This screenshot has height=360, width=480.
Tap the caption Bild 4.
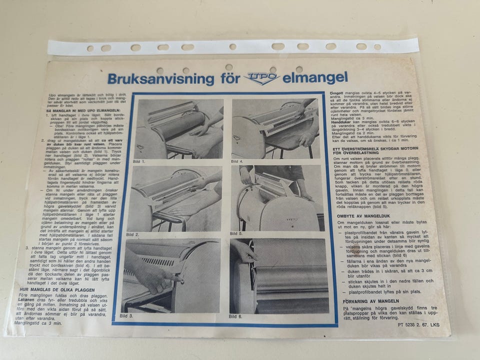pos(238,161)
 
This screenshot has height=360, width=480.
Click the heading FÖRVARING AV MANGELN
pos(370,301)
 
